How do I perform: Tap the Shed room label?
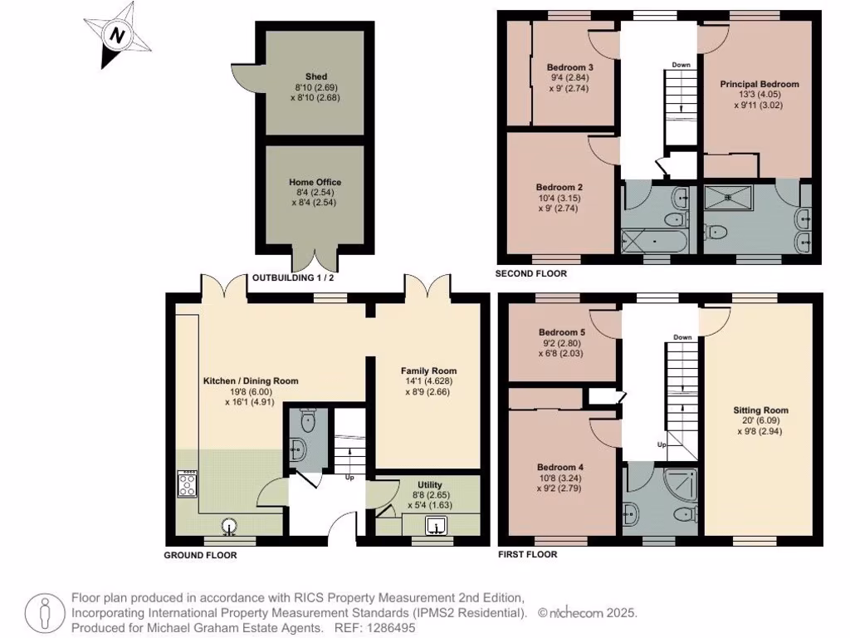pos(316,76)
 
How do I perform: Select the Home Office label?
pos(315,182)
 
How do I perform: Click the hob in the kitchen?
pos(188,483)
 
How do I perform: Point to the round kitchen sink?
pos(230,526)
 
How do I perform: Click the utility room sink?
pos(436,526)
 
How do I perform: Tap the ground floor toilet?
pos(308,420)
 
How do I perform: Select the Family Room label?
pos(429,371)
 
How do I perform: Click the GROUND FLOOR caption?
pos(201,555)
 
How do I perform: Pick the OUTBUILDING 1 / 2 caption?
pos(293,277)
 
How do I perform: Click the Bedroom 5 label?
pos(562,332)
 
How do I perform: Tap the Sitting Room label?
pos(760,410)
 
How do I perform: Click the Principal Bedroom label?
pos(760,84)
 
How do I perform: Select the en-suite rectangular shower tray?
pos(729,198)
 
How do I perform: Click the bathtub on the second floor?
pos(654,240)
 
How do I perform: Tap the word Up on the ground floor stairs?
pos(349,478)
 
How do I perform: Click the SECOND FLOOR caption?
pos(531,273)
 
